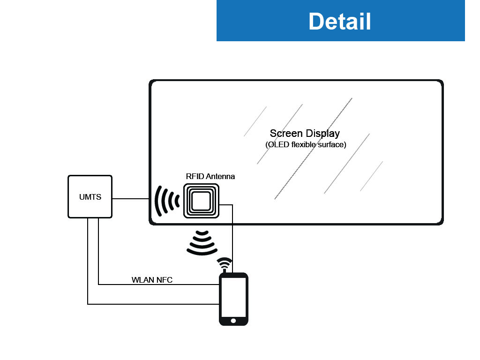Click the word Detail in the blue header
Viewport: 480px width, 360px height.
[x=340, y=21]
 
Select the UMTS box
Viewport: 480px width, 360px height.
[x=90, y=197]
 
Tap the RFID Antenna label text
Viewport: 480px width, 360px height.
[x=210, y=177]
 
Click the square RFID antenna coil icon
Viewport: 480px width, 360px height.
[x=201, y=201]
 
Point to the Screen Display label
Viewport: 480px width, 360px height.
[x=305, y=134]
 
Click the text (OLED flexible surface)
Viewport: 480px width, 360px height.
[x=306, y=145]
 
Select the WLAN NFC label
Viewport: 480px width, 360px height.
[x=152, y=280]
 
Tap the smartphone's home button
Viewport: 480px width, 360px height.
[x=233, y=321]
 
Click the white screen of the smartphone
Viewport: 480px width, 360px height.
[x=233, y=297]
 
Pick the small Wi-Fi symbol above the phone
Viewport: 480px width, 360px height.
[x=225, y=262]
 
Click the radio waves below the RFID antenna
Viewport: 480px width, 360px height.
[x=202, y=242]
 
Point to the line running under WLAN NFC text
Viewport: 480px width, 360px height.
[x=159, y=285]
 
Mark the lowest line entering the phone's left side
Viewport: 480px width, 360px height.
[x=155, y=304]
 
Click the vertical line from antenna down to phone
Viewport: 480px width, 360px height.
[x=233, y=239]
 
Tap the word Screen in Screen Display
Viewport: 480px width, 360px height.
[x=285, y=134]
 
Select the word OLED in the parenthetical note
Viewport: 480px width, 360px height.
[x=277, y=145]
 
